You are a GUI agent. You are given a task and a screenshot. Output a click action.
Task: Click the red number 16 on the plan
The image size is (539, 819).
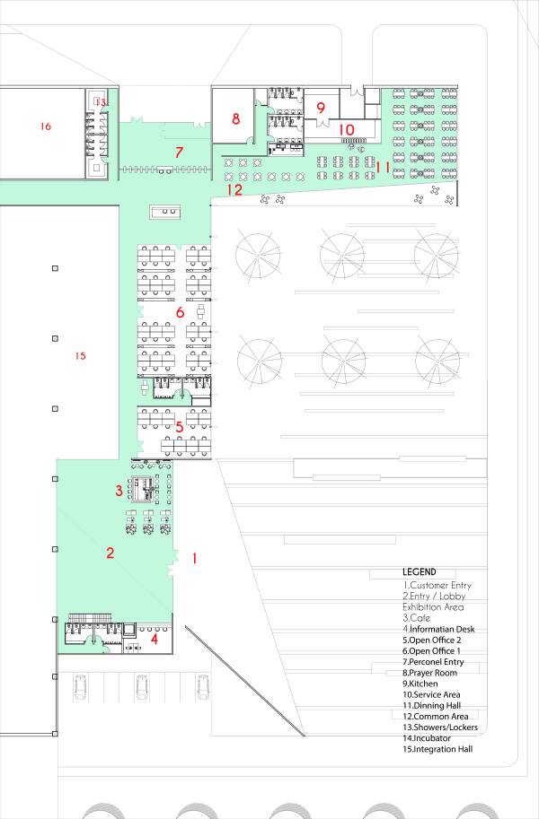[x=45, y=127]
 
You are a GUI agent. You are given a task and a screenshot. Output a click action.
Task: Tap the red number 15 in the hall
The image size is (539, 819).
[x=80, y=356]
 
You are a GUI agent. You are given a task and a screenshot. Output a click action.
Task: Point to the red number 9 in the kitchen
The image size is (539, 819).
[x=321, y=108]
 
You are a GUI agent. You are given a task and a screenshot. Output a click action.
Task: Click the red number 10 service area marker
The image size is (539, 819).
[x=347, y=129]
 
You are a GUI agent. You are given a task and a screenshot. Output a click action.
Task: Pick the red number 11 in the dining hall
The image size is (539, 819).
[x=384, y=166]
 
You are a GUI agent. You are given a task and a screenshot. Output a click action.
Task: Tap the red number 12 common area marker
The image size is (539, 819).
[x=234, y=190]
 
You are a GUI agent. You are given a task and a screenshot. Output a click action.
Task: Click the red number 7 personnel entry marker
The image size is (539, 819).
[x=179, y=152]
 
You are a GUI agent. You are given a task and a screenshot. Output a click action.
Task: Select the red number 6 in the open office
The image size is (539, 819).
[x=180, y=312]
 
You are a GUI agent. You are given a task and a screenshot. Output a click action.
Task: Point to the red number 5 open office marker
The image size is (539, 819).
[x=180, y=427]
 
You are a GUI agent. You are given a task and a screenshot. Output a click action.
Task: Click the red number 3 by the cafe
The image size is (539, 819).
[x=119, y=491]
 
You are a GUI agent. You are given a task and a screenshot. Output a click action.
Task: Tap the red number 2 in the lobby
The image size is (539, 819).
[x=110, y=553]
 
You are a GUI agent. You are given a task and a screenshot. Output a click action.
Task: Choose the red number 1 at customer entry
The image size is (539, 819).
[x=194, y=558]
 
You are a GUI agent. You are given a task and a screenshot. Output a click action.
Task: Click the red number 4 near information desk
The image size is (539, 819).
[x=155, y=639]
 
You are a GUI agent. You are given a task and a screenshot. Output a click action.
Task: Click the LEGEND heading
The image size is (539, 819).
[x=420, y=572]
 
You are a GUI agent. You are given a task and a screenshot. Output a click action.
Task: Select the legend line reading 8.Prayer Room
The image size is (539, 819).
[x=430, y=673]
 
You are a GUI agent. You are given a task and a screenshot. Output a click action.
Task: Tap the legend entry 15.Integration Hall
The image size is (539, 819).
[x=438, y=749]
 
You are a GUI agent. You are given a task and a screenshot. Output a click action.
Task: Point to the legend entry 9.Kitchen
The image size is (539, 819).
[x=422, y=684]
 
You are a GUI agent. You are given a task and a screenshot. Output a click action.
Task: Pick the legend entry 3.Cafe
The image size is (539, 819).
[x=416, y=618]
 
